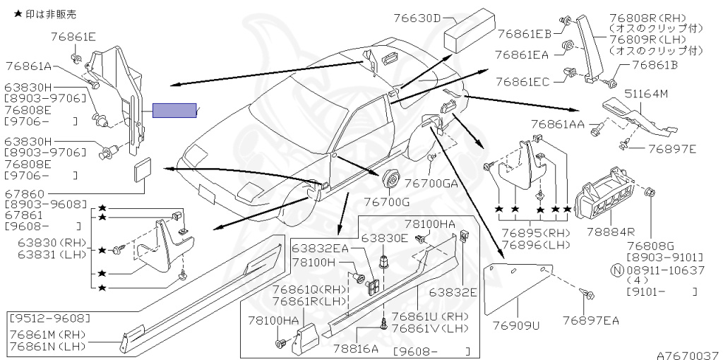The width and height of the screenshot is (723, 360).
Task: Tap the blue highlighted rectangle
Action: pos(175,110)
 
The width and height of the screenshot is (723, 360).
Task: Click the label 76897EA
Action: pos(591,320)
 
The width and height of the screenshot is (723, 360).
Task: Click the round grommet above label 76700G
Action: pos(390,179)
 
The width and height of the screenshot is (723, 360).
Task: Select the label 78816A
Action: pos(354,348)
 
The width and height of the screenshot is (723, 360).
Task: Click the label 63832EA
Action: pos(321,248)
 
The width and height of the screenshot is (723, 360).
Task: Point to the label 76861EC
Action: pos(522,83)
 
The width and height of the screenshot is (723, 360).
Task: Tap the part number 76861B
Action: pos(655,66)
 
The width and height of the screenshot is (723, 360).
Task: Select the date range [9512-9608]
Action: pos(50,317)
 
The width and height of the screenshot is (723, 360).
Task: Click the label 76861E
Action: pos(73,36)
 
